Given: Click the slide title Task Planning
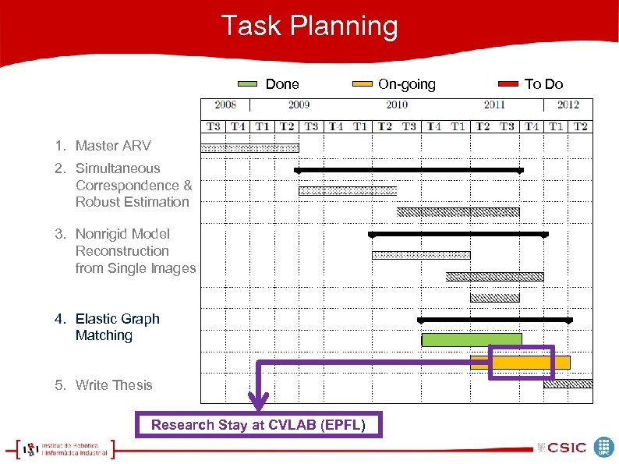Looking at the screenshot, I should [309, 27].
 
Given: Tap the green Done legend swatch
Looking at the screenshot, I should [247, 84].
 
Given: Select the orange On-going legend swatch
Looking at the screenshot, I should [363, 84].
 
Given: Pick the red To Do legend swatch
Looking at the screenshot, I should [508, 84].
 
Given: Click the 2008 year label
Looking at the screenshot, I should [225, 104].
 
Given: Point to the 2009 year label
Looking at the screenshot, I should [299, 104].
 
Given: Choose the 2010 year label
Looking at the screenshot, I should [397, 104].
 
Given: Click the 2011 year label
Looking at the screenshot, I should [494, 104].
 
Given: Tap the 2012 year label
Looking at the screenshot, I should [568, 104].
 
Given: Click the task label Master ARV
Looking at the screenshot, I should [103, 146].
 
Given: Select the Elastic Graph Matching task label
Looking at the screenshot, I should [108, 327].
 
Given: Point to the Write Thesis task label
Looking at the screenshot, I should [104, 385].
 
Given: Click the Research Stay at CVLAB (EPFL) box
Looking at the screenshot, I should [259, 425].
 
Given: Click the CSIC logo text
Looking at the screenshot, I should [567, 448].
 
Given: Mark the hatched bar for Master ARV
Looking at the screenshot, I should [249, 147].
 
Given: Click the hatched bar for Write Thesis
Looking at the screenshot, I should [568, 384].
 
